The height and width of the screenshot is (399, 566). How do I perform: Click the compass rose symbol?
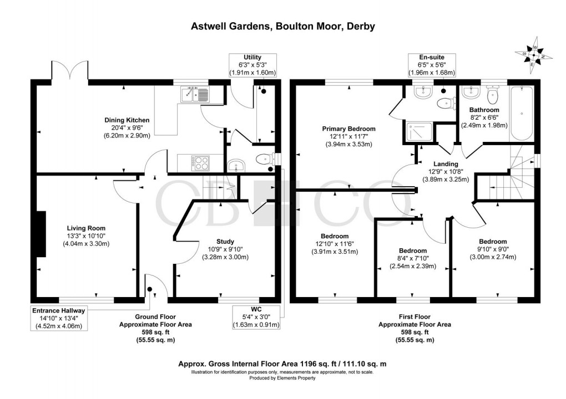533,55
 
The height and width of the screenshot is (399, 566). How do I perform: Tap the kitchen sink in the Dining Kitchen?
194,95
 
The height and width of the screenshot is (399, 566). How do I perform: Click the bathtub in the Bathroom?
522,114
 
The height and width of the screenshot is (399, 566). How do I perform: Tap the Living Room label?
86,228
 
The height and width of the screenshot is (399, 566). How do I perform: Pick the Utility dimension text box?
252,65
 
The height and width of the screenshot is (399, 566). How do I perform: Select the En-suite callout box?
432,65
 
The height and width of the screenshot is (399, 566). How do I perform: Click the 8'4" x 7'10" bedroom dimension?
412,258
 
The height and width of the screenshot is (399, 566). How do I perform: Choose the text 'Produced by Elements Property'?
282,378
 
